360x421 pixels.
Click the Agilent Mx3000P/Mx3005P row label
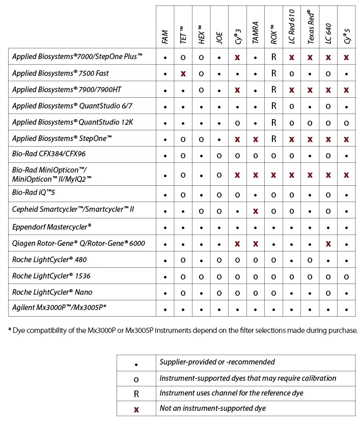[x=59, y=308]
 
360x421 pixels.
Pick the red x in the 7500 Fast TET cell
[x=183, y=74]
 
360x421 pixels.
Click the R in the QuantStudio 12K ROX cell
[x=274, y=123]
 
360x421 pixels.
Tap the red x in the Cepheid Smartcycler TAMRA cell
[x=256, y=210]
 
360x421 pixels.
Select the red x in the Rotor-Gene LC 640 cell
[x=328, y=243]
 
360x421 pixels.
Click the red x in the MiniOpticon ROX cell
[x=274, y=175]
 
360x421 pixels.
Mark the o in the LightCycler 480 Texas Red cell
[x=310, y=260]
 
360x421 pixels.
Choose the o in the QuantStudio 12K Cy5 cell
[x=346, y=123]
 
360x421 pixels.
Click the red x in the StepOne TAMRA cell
[x=256, y=139]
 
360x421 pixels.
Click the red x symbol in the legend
[x=136, y=408]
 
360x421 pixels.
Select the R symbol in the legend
[x=136, y=393]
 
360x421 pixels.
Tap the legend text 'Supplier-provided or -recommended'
[x=217, y=362]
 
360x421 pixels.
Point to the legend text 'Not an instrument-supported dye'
[x=212, y=408]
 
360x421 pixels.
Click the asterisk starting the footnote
[x=10, y=330]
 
